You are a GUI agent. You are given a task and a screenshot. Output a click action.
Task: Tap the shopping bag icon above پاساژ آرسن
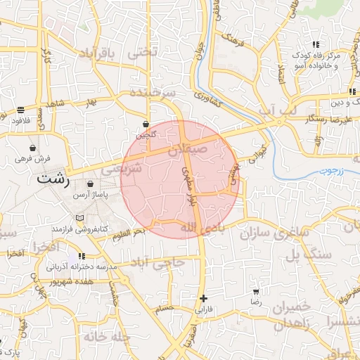coord(91,184)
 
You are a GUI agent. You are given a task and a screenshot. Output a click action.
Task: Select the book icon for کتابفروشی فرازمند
coord(79,219)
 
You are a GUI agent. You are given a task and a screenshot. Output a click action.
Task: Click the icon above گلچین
coord(146,124)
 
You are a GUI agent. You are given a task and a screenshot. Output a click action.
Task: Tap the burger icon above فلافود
coord(21,110)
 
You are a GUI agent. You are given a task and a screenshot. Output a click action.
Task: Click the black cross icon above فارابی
coord(203,298)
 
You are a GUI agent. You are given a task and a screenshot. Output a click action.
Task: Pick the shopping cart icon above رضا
coord(256,291)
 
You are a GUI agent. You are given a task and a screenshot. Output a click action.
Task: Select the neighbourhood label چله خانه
coord(108,337)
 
